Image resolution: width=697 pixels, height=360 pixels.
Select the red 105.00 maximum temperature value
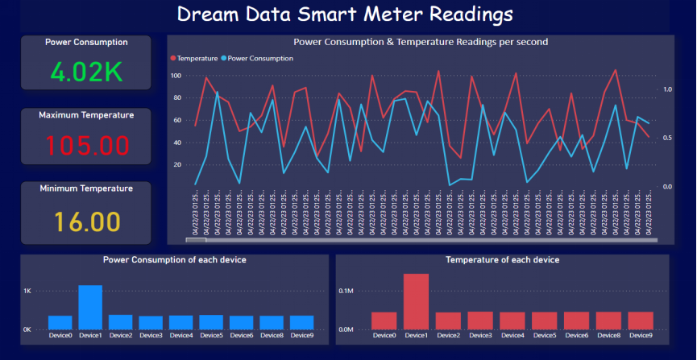point(87,146)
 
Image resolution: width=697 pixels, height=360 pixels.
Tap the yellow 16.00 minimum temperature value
point(87,221)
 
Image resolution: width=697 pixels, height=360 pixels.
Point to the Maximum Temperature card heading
point(86,115)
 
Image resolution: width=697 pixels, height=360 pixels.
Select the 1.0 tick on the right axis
point(666,89)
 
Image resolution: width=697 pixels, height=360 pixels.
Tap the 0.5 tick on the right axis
point(666,138)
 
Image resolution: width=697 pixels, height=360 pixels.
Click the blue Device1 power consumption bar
point(90,307)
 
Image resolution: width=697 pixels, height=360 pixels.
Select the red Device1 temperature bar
point(416,301)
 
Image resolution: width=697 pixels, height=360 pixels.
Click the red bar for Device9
point(640,321)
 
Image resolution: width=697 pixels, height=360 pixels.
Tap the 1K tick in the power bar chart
point(27,291)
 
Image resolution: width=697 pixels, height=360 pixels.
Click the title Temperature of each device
point(502,260)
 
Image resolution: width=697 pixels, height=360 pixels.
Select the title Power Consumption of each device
point(175,260)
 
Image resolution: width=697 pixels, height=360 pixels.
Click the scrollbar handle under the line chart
point(196,240)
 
